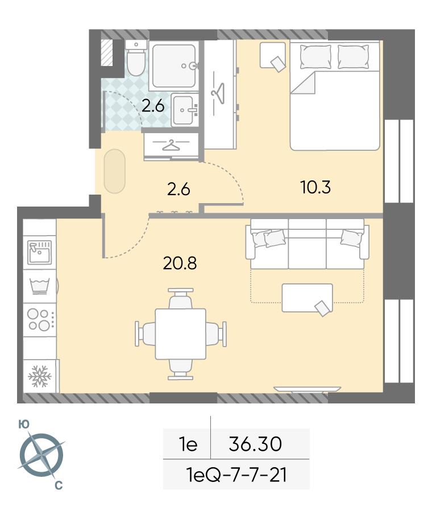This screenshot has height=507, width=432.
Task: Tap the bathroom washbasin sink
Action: click(185, 110)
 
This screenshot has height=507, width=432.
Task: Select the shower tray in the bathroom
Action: click(175, 66)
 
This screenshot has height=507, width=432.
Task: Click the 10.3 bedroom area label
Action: click(315, 187)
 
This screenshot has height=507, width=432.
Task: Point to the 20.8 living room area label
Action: click(180, 263)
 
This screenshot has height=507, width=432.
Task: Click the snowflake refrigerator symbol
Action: click(40, 376)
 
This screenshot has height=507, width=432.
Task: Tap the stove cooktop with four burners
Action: click(40, 319)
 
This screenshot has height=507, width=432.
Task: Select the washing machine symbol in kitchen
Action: click(40, 286)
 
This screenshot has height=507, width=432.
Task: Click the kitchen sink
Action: click(39, 252)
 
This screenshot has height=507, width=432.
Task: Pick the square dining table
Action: click(180, 334)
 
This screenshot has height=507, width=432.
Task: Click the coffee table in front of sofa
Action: click(308, 298)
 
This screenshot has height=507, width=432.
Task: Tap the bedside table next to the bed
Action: click(273, 55)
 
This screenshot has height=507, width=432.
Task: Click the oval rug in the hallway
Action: click(115, 171)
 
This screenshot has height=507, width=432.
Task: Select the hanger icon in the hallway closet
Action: click(171, 145)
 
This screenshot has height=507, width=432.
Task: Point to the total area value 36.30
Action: click(255, 444)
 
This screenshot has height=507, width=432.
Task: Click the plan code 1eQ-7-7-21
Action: click(236, 475)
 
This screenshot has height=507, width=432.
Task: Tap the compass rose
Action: click(41, 456)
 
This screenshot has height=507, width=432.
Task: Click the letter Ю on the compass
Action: click(23, 424)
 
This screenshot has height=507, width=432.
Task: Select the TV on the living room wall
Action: click(307, 389)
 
